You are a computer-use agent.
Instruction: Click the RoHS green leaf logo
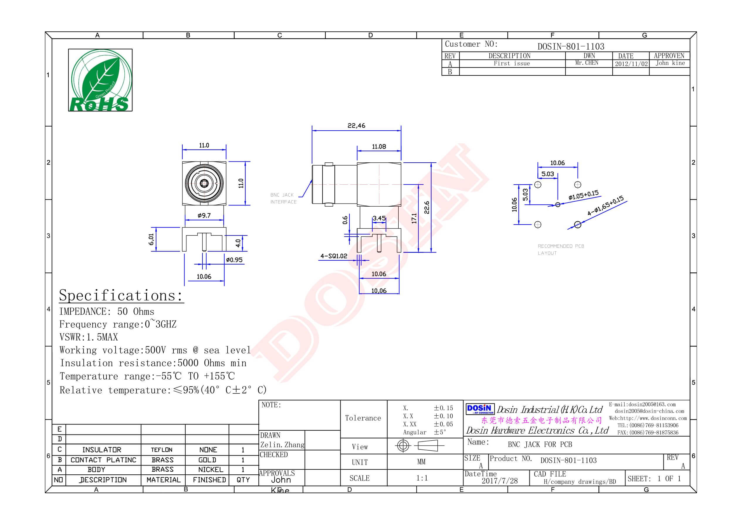click(100, 80)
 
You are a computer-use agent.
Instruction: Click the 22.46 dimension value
click(356, 126)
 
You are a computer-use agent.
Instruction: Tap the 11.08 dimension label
click(379, 147)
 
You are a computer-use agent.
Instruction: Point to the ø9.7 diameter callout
click(204, 215)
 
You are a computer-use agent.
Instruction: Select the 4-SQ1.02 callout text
click(334, 256)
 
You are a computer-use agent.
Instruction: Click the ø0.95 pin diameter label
click(234, 260)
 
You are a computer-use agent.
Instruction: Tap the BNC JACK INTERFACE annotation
click(283, 198)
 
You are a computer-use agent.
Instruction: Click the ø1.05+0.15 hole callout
click(583, 196)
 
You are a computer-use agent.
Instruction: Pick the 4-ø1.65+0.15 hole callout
click(605, 206)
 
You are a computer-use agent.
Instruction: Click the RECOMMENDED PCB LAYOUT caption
click(561, 250)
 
